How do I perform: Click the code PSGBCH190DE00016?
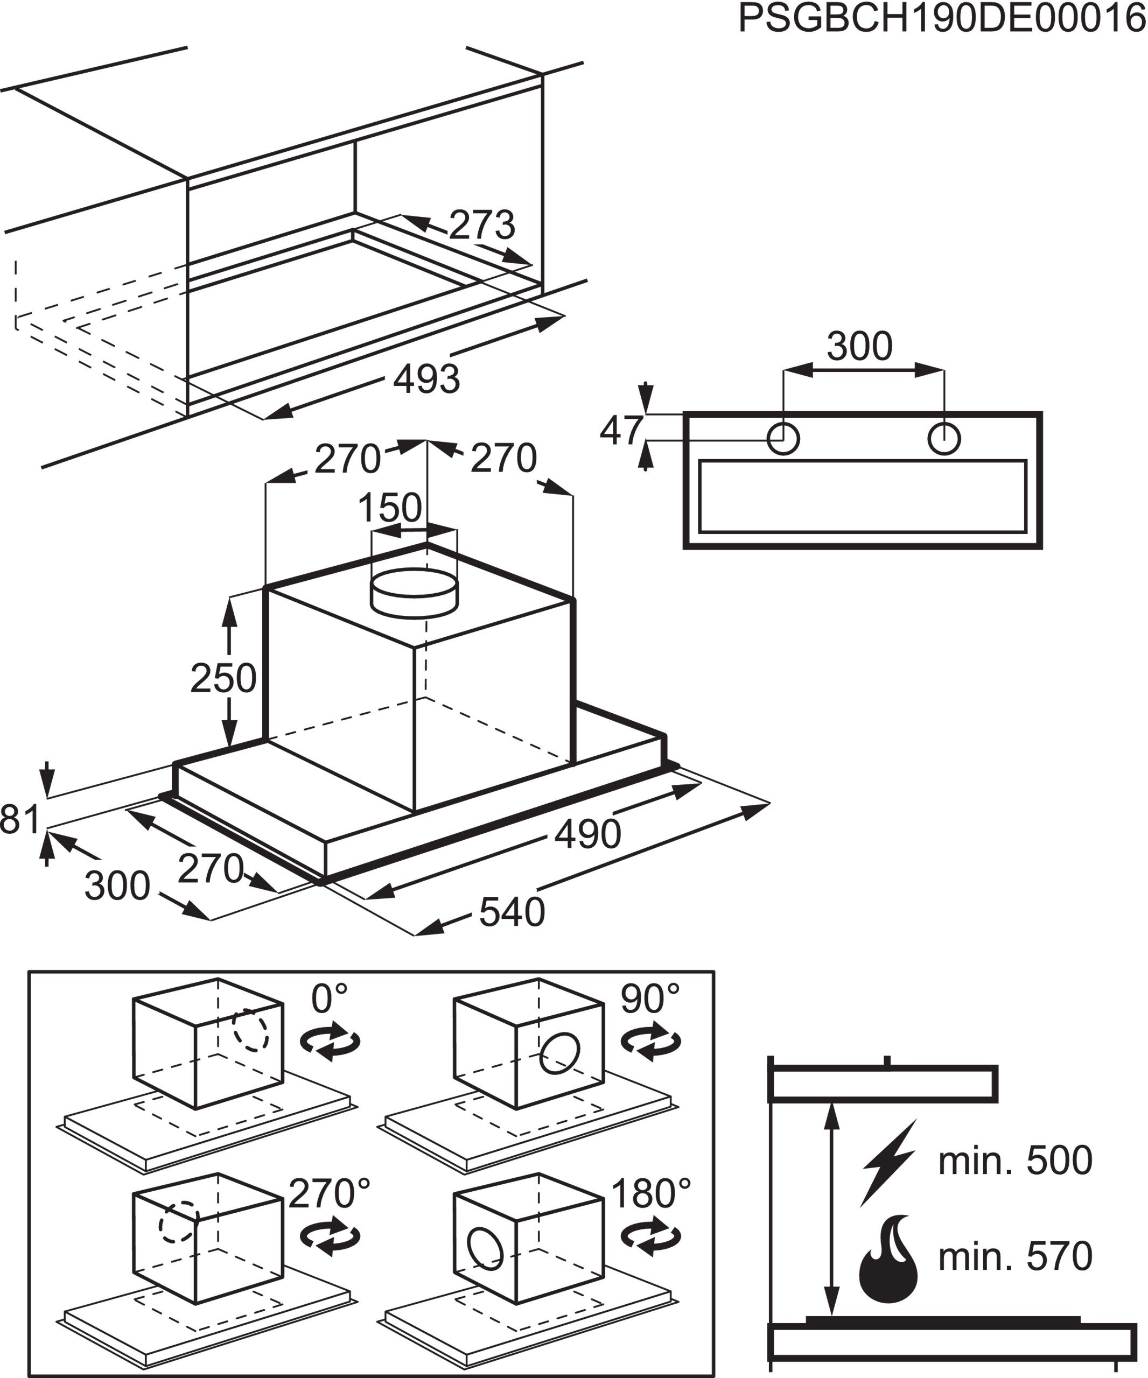(x=942, y=18)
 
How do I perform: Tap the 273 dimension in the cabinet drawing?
(x=482, y=225)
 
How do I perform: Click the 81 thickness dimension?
(x=20, y=820)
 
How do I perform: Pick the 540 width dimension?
(x=512, y=912)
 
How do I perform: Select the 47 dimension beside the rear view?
(x=621, y=431)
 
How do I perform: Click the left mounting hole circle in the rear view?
(x=783, y=438)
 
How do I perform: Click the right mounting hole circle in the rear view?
(x=944, y=438)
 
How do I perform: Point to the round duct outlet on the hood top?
(x=414, y=593)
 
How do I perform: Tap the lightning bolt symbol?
(x=887, y=1163)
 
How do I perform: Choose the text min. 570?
(x=1015, y=1256)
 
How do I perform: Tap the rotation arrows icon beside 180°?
(x=651, y=1237)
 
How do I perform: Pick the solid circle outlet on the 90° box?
(x=559, y=1053)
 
